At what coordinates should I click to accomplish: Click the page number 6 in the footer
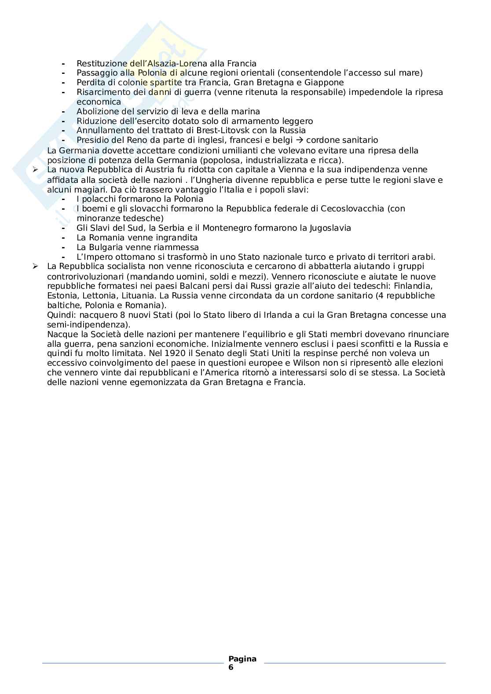click(x=231, y=667)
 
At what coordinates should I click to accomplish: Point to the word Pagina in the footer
click(x=242, y=659)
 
